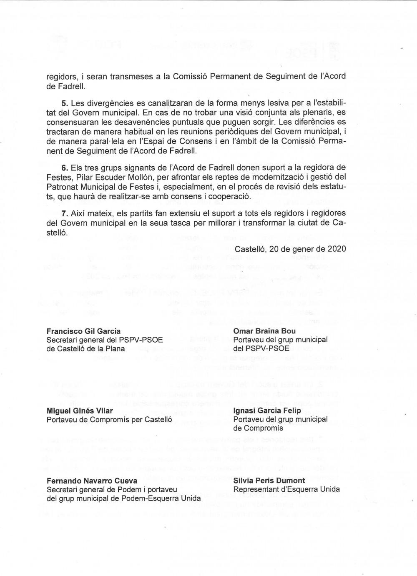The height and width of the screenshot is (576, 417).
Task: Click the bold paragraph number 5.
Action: point(65,103)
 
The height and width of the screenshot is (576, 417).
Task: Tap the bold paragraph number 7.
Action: point(65,213)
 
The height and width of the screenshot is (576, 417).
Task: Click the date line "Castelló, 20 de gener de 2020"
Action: point(290,249)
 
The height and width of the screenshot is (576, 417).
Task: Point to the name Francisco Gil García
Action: point(83,331)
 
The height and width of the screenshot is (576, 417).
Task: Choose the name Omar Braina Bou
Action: point(264,331)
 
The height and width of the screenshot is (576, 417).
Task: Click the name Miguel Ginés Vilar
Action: point(80,411)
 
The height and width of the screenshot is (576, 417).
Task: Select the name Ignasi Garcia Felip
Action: point(267,411)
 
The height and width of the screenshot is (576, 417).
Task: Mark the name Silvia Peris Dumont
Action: point(269,481)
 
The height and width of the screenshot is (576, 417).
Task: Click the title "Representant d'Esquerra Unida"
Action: point(286,489)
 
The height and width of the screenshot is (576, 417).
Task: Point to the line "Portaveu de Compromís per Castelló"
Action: point(109,420)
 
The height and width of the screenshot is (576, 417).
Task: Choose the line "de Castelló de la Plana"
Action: point(85,348)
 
